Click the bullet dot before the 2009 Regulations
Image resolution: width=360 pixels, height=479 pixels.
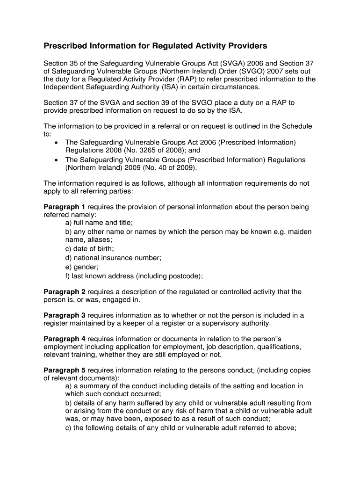pos(57,160)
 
